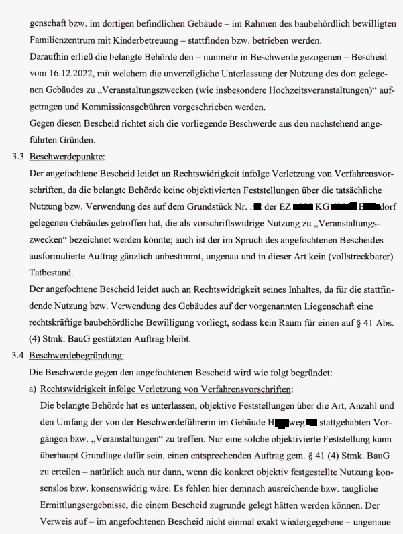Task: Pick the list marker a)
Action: click(x=33, y=389)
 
